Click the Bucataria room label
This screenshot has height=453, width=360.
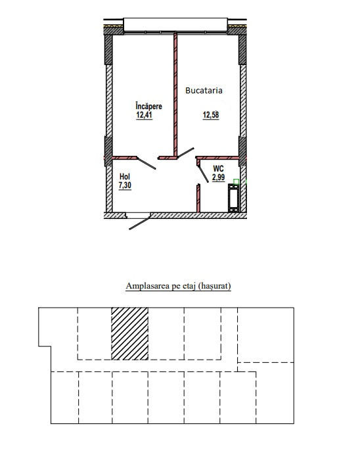click(204, 91)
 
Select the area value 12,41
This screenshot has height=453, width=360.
click(144, 115)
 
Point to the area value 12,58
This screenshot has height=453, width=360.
click(211, 115)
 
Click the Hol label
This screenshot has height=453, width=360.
click(125, 176)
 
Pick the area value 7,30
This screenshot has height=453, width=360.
click(125, 185)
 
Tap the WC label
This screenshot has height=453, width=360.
click(218, 168)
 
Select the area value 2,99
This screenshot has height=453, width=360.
click(219, 177)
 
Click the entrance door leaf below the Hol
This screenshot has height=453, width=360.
click(140, 223)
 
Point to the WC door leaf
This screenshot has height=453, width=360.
click(203, 174)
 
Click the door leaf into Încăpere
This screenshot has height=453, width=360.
click(146, 163)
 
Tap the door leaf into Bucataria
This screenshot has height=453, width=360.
click(185, 153)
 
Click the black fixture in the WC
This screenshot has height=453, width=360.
click(233, 198)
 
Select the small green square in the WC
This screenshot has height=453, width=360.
click(236, 181)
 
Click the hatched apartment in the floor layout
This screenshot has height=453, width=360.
click(130, 334)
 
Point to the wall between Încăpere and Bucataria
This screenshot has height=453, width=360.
click(175, 95)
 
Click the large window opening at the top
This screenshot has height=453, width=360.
click(175, 25)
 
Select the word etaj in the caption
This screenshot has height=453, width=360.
click(189, 286)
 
